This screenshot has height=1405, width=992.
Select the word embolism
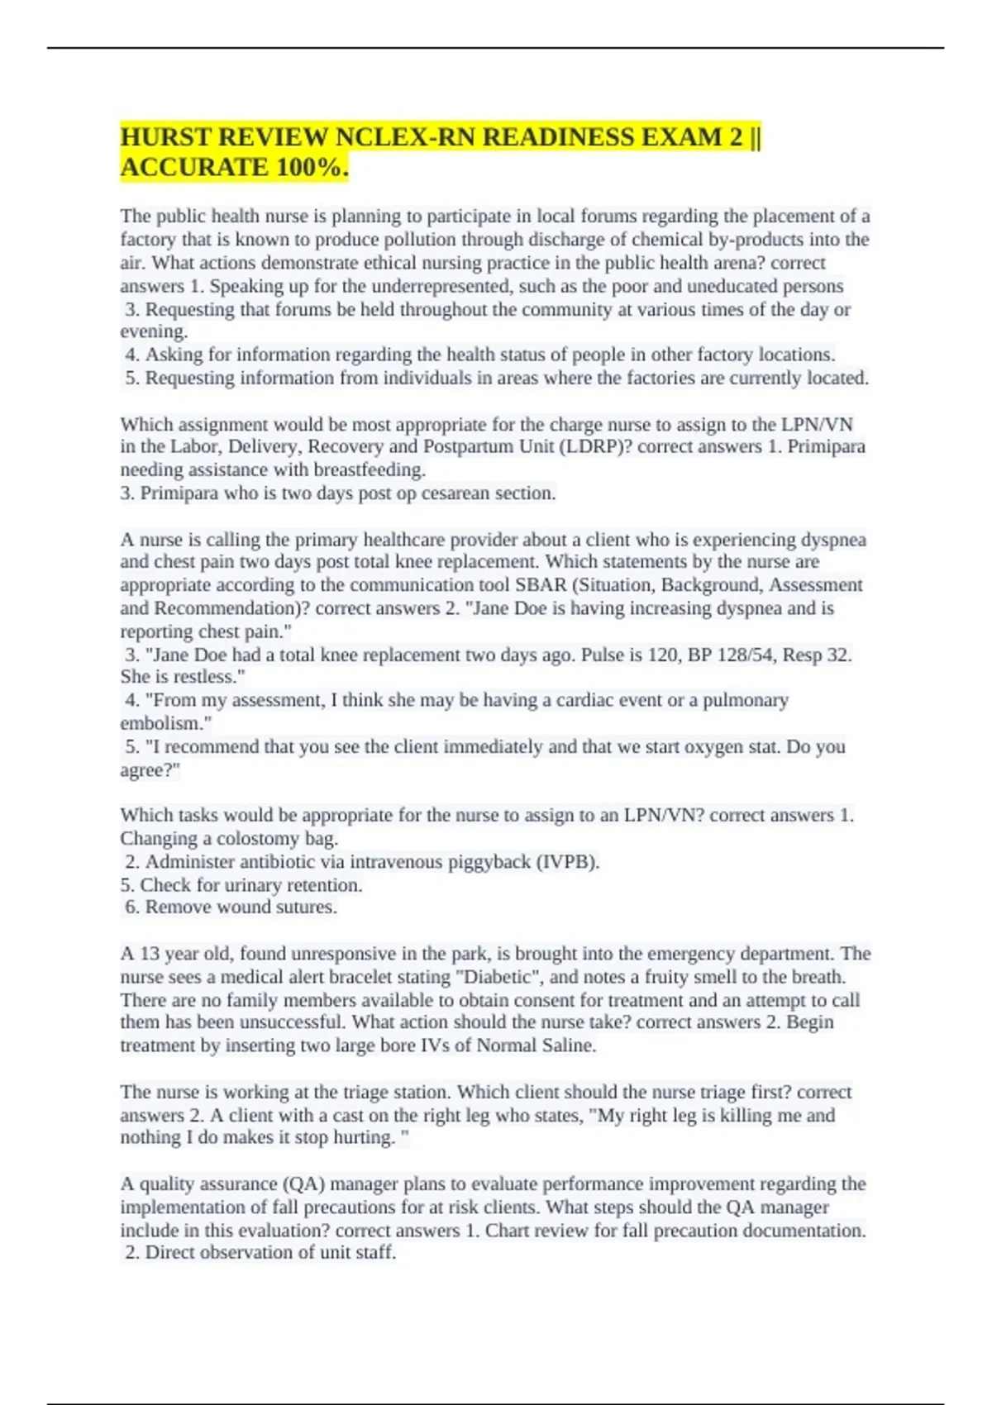click(163, 723)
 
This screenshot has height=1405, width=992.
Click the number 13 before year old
click(150, 954)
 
